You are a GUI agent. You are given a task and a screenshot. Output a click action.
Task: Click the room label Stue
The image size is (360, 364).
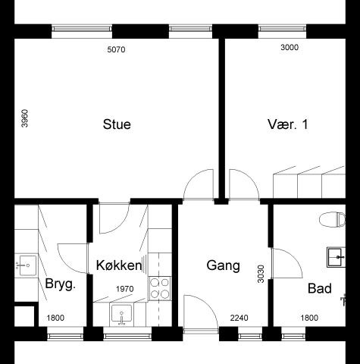117,124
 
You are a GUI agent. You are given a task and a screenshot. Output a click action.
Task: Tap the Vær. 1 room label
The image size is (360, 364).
288,124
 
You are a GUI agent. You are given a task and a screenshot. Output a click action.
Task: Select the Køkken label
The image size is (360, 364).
119,265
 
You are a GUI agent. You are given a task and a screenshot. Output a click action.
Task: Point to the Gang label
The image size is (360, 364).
223,266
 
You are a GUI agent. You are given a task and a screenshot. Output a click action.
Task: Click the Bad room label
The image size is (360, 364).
320,288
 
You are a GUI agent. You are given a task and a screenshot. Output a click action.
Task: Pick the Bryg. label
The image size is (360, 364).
61,284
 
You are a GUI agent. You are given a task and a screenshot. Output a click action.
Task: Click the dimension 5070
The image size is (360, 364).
116,49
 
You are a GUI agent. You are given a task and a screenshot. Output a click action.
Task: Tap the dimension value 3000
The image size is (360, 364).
290,47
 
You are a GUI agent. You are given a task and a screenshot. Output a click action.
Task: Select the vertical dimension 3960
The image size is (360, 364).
25,118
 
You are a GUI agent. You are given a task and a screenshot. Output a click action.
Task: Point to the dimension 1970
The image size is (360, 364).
125,289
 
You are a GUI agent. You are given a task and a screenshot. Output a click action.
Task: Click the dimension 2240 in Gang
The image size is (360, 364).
239,318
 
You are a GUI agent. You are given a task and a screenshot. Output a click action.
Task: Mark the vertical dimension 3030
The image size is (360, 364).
261,274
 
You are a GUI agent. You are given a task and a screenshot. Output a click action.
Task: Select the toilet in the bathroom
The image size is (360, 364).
333,219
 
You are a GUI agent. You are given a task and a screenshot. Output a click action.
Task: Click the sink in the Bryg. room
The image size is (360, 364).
26,265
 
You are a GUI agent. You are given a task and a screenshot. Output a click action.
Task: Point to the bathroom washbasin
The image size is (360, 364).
337,257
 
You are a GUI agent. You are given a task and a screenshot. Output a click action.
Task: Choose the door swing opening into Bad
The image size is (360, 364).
287,263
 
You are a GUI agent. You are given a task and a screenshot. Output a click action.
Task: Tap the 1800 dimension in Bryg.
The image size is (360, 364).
55,318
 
